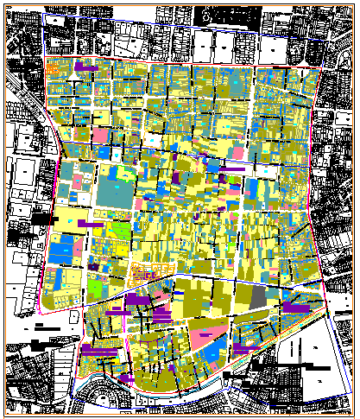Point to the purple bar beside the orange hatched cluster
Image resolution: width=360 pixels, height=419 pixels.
(87, 65)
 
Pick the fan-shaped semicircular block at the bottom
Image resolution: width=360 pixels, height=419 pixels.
(107, 398)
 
